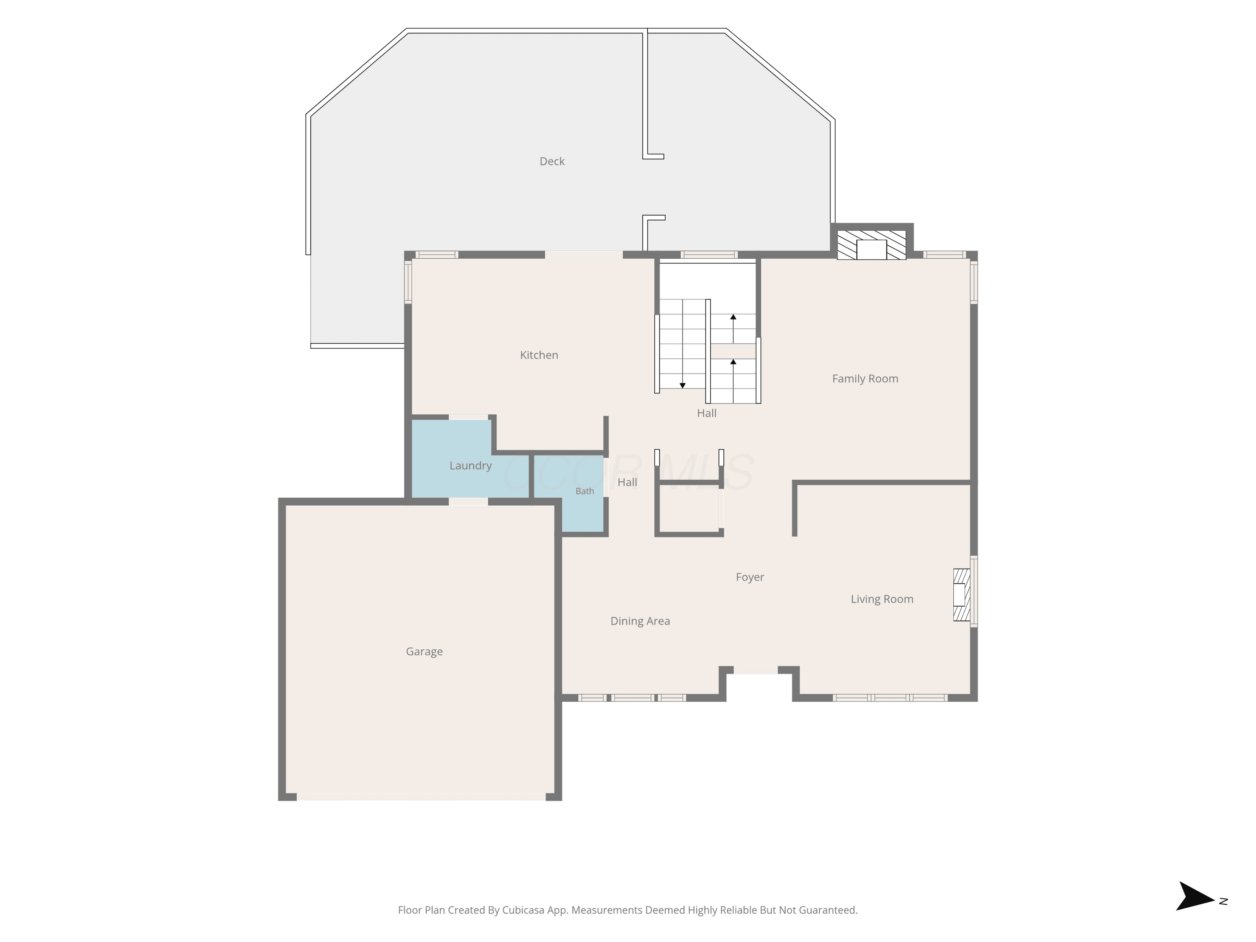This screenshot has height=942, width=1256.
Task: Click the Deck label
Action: (x=552, y=161)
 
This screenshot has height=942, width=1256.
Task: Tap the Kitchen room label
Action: (x=539, y=355)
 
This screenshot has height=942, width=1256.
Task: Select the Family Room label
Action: (x=865, y=379)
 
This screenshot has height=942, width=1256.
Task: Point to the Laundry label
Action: (x=470, y=466)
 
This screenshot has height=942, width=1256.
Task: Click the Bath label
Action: (x=585, y=491)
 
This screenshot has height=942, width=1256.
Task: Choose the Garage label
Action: (x=424, y=652)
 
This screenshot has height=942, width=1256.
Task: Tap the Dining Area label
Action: (x=640, y=621)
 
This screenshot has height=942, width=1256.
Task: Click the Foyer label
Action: (x=749, y=577)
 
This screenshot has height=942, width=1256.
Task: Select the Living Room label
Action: (x=882, y=599)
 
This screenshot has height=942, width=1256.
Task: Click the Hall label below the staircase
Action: (x=706, y=413)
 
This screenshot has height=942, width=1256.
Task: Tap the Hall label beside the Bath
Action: (x=627, y=482)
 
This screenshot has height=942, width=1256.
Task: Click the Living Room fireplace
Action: (x=961, y=595)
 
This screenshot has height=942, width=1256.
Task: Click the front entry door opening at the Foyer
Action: (x=755, y=671)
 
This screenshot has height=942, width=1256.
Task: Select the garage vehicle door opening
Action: (x=421, y=797)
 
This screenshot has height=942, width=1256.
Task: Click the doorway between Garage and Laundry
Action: (x=468, y=502)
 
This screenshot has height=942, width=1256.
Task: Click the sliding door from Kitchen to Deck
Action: (x=584, y=255)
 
